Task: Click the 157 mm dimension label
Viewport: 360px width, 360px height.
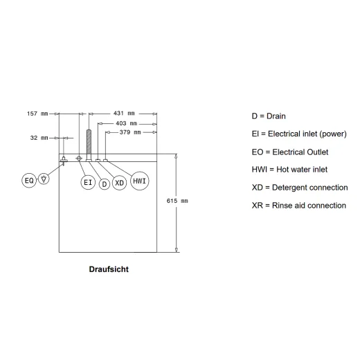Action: [x=37, y=114]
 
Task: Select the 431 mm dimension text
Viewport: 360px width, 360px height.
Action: [x=124, y=114]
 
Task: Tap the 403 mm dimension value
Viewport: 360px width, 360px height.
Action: [x=127, y=123]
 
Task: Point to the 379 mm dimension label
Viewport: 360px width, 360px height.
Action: [x=130, y=132]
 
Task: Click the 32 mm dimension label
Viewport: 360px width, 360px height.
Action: [x=39, y=138]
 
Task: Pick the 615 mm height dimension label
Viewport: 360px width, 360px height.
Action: [x=177, y=201]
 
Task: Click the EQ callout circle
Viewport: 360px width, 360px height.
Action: [x=29, y=181]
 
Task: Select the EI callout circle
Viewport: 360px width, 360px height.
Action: [x=88, y=183]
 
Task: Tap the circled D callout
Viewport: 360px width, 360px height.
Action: [x=105, y=184]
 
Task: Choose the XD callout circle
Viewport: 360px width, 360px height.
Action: [x=119, y=183]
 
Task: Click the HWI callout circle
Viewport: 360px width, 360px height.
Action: [x=140, y=181]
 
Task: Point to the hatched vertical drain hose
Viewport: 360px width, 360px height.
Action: [x=89, y=145]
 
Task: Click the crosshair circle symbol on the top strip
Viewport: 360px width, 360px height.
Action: [x=79, y=159]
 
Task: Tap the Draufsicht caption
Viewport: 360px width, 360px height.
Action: [x=109, y=269]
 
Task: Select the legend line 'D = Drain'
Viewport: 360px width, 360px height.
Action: [x=269, y=116]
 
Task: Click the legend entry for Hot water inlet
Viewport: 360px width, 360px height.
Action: [x=289, y=170]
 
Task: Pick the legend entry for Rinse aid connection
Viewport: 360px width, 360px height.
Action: [x=299, y=206]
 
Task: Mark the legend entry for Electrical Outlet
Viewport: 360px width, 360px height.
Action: [x=290, y=152]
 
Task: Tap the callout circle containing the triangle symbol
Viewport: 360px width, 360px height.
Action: [x=44, y=179]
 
